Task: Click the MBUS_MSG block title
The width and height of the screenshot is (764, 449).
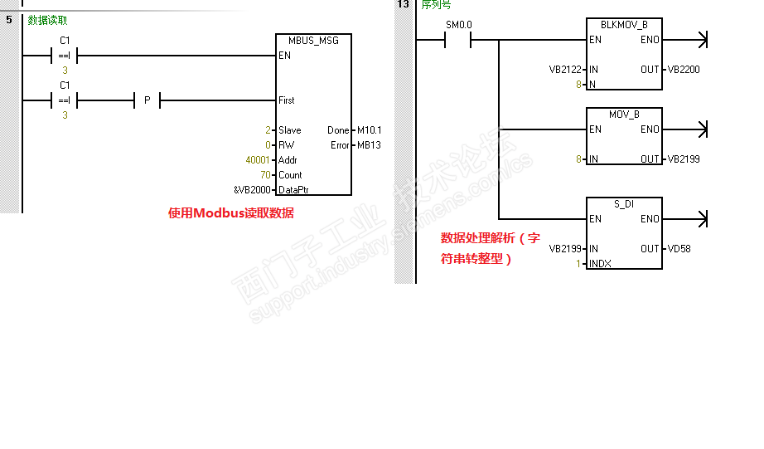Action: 313,40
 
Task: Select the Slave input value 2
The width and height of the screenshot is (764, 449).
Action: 268,130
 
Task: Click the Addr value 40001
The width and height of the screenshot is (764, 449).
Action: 258,160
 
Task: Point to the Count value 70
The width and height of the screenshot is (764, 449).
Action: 265,175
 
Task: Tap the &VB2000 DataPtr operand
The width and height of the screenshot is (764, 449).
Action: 252,190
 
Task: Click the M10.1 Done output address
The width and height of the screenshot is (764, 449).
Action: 369,130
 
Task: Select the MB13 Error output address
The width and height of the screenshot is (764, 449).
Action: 369,145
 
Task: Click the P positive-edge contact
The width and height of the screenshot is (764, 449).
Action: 147,100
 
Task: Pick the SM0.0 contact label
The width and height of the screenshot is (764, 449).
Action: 458,25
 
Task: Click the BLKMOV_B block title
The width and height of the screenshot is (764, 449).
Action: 623,25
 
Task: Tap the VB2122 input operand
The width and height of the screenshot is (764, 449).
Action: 567,70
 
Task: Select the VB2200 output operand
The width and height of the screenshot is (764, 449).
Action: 684,70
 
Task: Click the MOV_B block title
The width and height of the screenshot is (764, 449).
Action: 623,115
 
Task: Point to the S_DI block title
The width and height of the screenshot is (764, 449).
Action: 623,204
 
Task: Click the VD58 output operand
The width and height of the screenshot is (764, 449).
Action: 678,249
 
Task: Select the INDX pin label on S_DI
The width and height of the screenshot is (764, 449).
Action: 599,264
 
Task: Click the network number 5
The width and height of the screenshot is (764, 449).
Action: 9,19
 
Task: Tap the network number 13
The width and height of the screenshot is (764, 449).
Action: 403,4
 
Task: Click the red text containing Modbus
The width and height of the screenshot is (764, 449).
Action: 230,213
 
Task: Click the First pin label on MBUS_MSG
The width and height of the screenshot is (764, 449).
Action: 287,100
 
